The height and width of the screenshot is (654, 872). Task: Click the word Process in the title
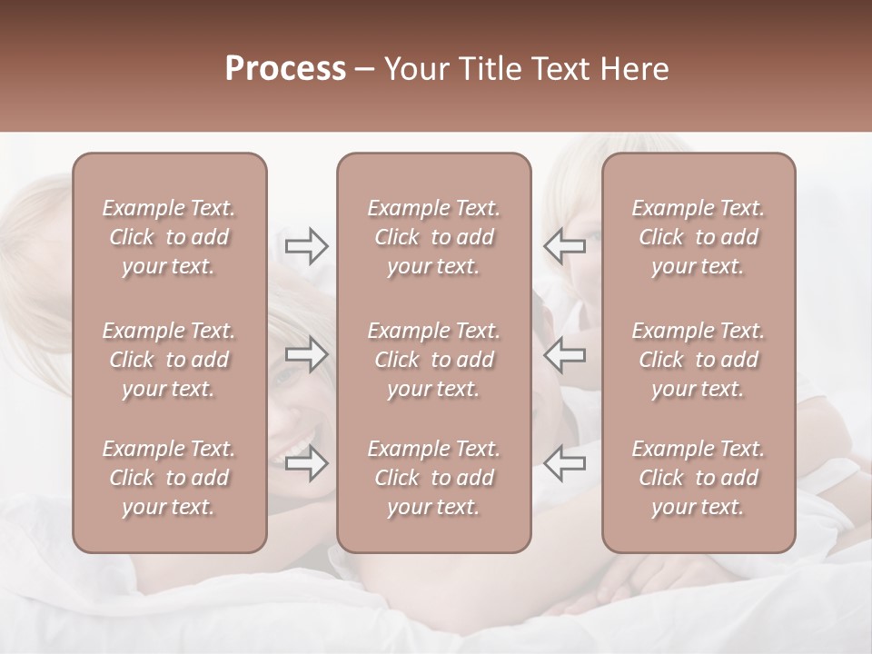click(x=285, y=69)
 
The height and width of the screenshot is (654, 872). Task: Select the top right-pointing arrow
click(x=306, y=245)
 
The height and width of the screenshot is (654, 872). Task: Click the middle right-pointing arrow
click(x=306, y=354)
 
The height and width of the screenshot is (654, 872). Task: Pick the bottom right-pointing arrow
click(x=306, y=463)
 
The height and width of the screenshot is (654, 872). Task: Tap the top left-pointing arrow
click(x=564, y=245)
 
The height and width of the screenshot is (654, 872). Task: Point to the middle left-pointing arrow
click(x=564, y=354)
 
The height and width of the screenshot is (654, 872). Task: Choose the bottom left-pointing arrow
click(x=564, y=463)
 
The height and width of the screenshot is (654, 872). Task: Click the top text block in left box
click(x=169, y=237)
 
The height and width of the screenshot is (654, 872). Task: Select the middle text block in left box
click(x=169, y=360)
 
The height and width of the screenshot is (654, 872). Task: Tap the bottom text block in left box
click(x=169, y=478)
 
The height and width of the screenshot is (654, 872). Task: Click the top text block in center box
click(x=433, y=237)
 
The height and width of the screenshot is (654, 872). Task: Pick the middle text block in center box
click(x=433, y=360)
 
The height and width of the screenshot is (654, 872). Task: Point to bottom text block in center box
click(x=433, y=478)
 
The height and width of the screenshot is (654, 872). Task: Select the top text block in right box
click(x=698, y=237)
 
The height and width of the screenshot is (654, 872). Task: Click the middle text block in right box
click(x=698, y=360)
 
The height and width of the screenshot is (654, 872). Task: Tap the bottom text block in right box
click(x=698, y=478)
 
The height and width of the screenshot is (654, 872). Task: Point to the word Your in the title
click(x=414, y=69)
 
